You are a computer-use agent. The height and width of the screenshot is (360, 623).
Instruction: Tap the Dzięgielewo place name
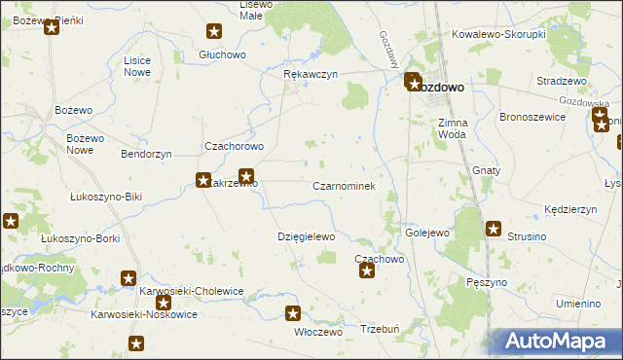(x=306, y=236)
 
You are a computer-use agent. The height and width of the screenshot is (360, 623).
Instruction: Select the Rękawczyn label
(x=310, y=74)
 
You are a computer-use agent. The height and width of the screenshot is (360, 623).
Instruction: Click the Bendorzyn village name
(x=146, y=154)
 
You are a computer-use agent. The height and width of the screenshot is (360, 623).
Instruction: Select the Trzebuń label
(x=380, y=329)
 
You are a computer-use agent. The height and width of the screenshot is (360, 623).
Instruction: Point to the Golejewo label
(x=426, y=233)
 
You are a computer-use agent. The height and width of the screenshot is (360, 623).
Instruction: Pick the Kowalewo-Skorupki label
(x=497, y=33)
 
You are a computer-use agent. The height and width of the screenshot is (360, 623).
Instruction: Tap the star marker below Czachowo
(x=367, y=270)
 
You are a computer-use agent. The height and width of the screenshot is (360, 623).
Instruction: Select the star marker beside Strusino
(x=494, y=230)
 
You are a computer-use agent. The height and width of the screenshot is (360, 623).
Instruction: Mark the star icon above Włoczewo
(x=293, y=313)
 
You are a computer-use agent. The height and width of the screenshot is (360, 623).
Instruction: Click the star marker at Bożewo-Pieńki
(x=52, y=27)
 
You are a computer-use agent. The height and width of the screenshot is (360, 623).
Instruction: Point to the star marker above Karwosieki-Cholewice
(x=128, y=279)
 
